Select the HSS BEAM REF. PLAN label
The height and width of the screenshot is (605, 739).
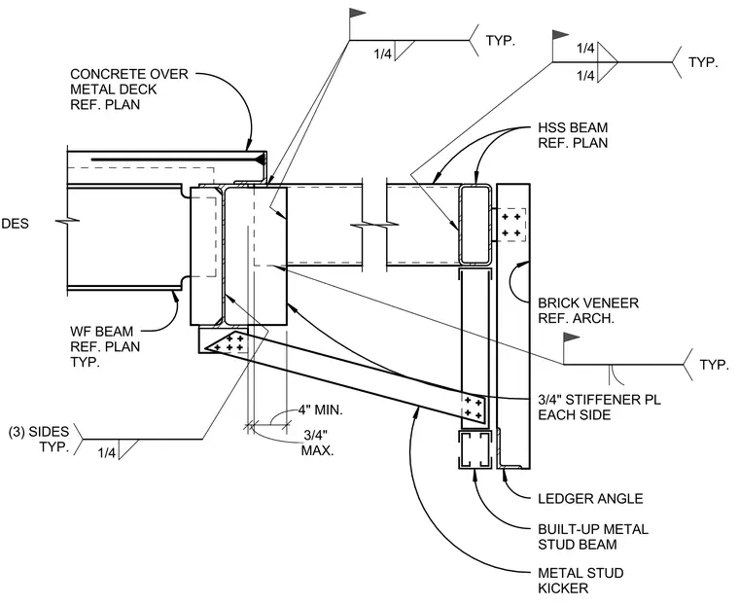(x=573, y=135)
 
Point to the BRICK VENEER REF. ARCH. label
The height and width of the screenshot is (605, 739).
(x=588, y=310)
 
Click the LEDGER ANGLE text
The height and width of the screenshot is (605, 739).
(x=590, y=498)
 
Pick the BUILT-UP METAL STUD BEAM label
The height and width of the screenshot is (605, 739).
(x=593, y=537)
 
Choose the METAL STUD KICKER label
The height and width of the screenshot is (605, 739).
(x=581, y=581)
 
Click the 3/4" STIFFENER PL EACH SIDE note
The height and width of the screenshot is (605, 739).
(x=600, y=407)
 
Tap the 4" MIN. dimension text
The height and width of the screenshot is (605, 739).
(x=320, y=409)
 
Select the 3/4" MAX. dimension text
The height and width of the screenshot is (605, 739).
(x=317, y=442)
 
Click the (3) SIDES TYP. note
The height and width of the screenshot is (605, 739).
(x=39, y=439)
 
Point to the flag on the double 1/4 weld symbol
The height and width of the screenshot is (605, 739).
(x=560, y=34)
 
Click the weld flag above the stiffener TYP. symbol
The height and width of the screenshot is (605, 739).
(x=572, y=338)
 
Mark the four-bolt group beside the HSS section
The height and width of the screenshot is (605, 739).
(x=511, y=225)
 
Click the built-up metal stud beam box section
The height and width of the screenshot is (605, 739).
(x=475, y=450)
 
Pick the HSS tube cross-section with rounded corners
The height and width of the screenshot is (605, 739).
(x=475, y=225)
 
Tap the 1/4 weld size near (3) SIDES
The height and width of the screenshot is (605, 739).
(x=107, y=453)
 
